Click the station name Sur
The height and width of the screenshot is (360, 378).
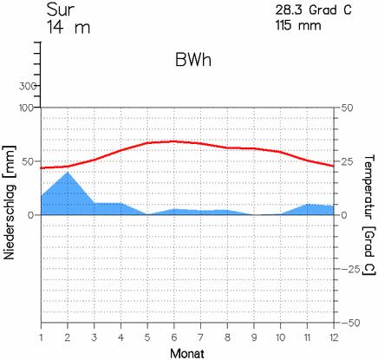tap(61, 10)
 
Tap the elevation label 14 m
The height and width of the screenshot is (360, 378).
tap(68, 28)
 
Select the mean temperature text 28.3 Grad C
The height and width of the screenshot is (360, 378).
tap(313, 10)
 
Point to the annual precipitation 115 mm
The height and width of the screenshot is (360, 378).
tap(298, 25)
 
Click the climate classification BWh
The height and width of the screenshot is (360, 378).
tap(193, 61)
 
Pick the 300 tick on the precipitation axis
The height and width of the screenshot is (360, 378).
tap(28, 86)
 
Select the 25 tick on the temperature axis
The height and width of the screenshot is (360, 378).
tap(347, 161)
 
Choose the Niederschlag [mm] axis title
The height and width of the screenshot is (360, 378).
tap(10, 202)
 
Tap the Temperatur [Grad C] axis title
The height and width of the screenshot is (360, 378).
tap(368, 215)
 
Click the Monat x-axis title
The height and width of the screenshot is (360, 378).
tap(187, 353)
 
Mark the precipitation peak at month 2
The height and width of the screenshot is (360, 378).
tap(68, 172)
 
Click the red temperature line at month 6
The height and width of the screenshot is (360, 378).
tap(174, 141)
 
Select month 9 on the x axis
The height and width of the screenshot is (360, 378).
tap(254, 337)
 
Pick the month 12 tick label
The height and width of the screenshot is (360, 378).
tap(334, 337)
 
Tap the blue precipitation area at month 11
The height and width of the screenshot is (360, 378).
tap(307, 210)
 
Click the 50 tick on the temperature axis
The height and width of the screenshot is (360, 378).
tap(347, 108)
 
